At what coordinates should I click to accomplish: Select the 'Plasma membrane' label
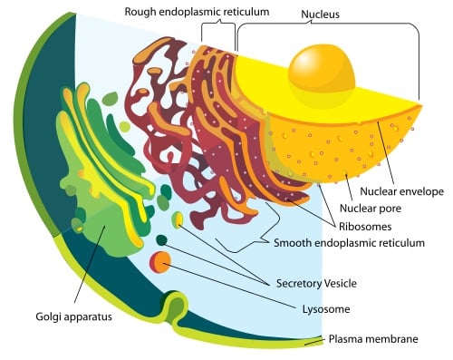pyautogui.click(x=372, y=339)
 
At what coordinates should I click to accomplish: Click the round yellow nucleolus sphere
pyautogui.click(x=322, y=73)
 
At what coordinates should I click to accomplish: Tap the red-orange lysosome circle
pyautogui.click(x=160, y=262)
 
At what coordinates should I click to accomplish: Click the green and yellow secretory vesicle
pyautogui.click(x=178, y=219)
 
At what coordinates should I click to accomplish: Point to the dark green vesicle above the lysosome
pyautogui.click(x=161, y=240)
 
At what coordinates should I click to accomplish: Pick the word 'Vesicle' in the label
pyautogui.click(x=339, y=283)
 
